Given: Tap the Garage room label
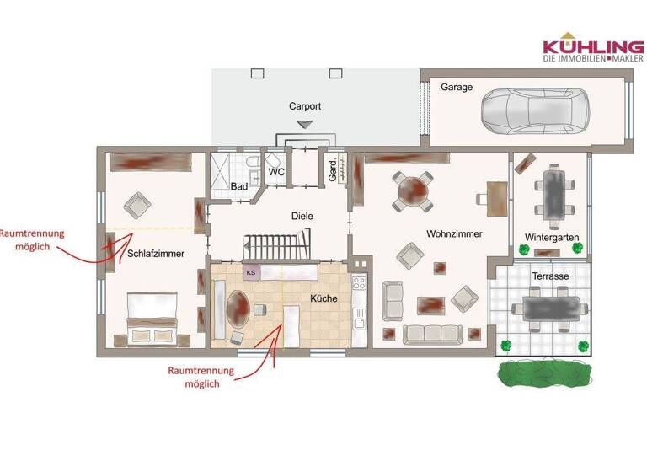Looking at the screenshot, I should click(457, 87).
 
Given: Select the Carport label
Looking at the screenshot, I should click(305, 106).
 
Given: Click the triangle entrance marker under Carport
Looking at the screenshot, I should click(305, 124).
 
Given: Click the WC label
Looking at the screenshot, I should click(276, 173).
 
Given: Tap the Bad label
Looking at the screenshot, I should click(238, 186).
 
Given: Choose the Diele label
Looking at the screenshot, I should click(302, 216).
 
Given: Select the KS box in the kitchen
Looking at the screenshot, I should click(251, 271).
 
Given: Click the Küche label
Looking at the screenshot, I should click(323, 298).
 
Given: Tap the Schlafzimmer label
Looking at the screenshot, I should click(156, 253).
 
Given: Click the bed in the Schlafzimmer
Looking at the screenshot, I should click(152, 314).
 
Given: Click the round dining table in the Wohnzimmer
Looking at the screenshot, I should click(414, 190).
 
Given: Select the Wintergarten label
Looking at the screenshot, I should click(551, 238).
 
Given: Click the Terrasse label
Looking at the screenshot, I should click(550, 276).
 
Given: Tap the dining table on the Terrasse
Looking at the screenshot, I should click(552, 308).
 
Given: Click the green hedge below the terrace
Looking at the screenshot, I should click(541, 373).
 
